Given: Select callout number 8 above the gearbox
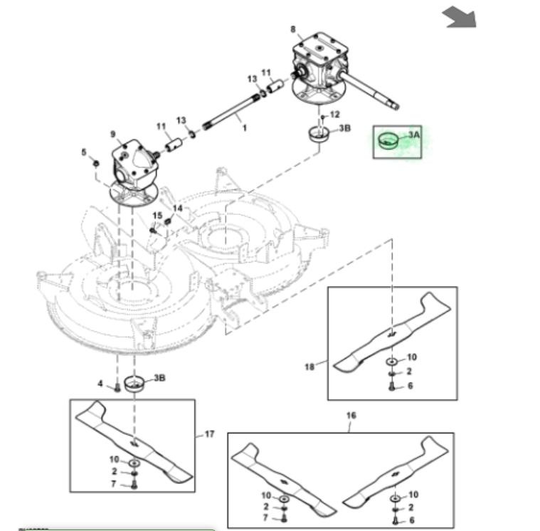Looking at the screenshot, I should pyautogui.click(x=292, y=28).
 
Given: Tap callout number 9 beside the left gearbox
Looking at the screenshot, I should pyautogui.click(x=112, y=135).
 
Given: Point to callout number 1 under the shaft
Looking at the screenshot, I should pyautogui.click(x=245, y=129).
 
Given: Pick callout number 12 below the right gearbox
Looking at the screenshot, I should pyautogui.click(x=335, y=114).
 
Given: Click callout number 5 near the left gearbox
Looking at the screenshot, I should pyautogui.click(x=83, y=152).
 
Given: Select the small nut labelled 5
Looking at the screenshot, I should pyautogui.click(x=95, y=164).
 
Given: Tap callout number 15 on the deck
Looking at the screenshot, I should pyautogui.click(x=157, y=216).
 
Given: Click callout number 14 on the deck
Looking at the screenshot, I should pyautogui.click(x=178, y=208).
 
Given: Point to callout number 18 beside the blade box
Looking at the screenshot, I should pyautogui.click(x=309, y=367).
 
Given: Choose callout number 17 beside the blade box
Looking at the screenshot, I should pyautogui.click(x=209, y=433).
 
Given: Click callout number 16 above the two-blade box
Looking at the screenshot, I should pyautogui.click(x=351, y=415).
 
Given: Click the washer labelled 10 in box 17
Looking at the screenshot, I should pyautogui.click(x=134, y=461).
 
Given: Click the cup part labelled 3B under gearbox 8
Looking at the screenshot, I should pyautogui.click(x=319, y=132).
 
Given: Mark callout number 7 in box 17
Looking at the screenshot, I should pyautogui.click(x=114, y=484).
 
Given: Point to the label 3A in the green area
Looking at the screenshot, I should pyautogui.click(x=415, y=134).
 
